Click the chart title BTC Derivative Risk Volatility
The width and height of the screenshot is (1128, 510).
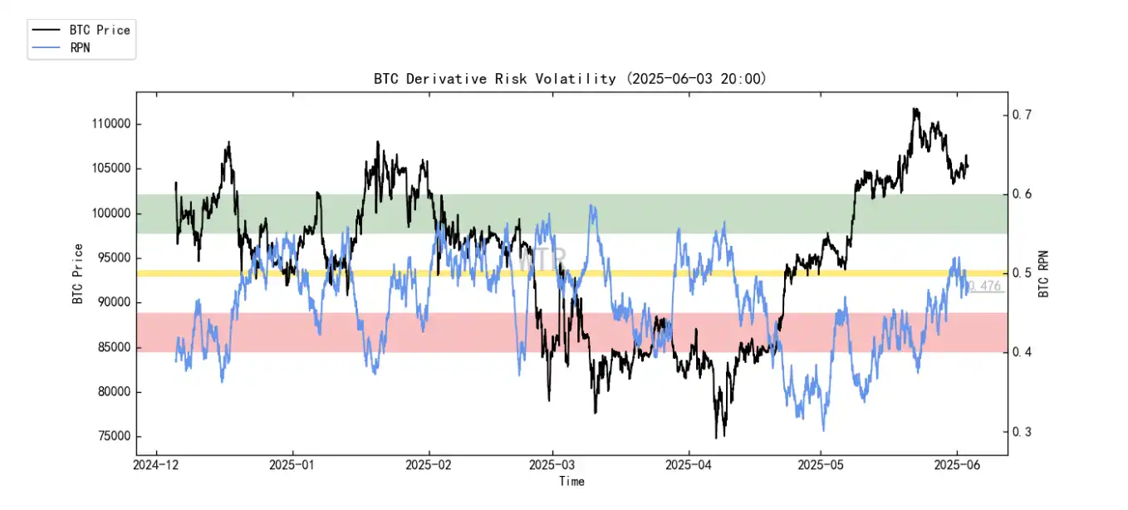494,79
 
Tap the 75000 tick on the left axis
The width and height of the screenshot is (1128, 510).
111,437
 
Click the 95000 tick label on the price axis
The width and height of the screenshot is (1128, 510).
111,258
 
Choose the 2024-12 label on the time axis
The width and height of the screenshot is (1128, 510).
155,467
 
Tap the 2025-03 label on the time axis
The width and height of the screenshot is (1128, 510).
552,467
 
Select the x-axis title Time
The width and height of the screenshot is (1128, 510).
571,482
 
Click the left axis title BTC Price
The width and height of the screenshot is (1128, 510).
77,274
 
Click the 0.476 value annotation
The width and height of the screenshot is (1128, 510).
985,286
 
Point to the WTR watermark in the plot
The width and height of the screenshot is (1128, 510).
541,259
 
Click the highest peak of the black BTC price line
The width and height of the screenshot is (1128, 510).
915,109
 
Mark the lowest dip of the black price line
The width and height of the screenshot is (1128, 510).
716,438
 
